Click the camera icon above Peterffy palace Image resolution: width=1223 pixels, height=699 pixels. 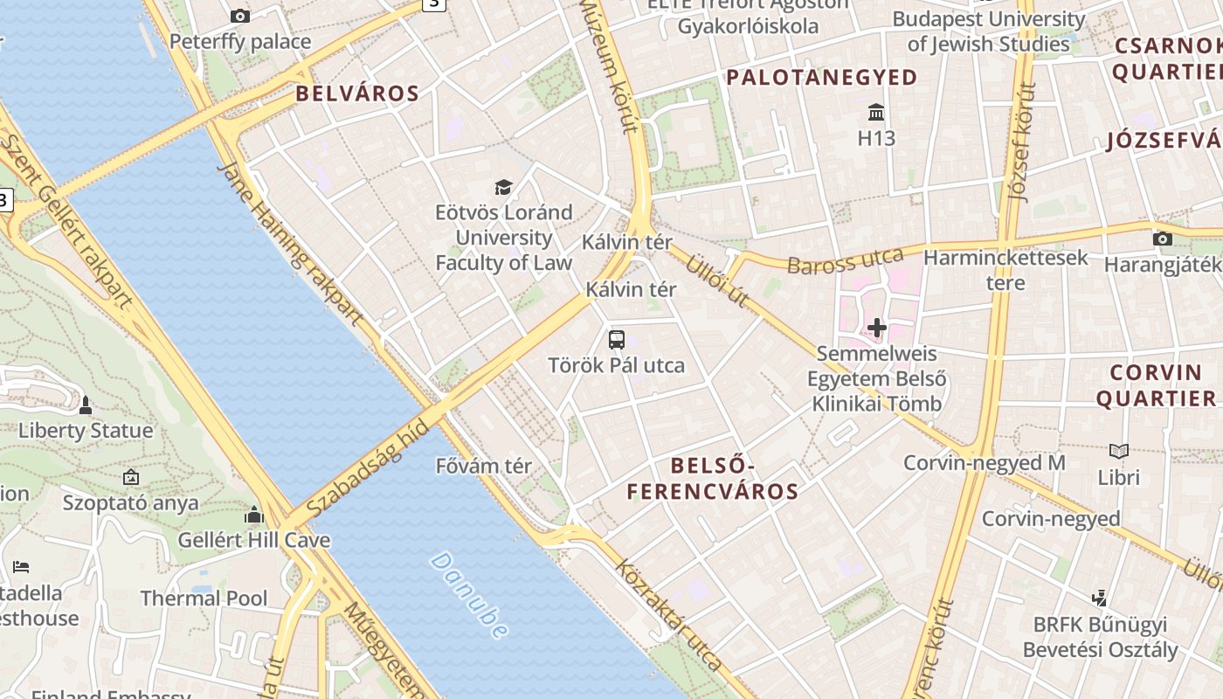point(239,16)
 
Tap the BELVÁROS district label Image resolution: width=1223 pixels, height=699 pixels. point(357,93)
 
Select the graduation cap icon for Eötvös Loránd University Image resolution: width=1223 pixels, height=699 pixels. point(503,187)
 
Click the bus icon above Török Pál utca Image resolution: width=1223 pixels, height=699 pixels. point(616,340)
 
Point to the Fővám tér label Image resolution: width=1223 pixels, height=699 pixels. point(483,466)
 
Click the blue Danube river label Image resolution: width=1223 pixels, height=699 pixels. point(469,594)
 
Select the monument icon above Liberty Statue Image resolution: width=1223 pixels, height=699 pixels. point(86,405)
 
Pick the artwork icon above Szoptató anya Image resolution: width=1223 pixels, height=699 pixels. point(131,477)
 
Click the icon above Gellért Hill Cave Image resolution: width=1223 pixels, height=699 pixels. point(254,515)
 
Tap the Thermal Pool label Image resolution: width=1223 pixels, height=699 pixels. point(204,599)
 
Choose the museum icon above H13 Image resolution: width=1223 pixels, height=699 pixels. point(876,113)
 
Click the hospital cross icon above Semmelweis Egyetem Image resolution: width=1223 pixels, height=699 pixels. point(876,329)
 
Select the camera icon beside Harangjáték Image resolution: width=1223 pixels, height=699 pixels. point(1162,239)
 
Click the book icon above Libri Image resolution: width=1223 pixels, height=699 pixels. point(1118,452)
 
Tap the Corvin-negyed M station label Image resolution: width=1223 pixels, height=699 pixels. point(985,462)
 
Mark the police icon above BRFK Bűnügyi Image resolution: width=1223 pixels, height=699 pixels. point(1100,599)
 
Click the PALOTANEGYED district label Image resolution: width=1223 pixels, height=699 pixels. point(822,78)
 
